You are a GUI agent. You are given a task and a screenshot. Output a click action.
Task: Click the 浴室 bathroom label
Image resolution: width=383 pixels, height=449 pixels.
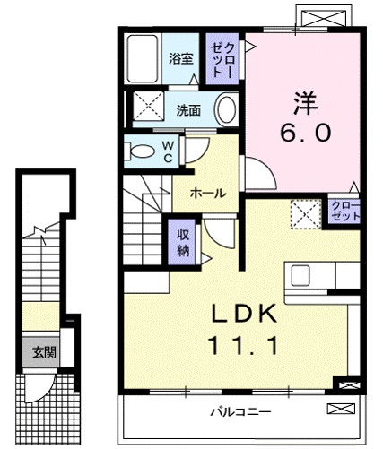point(181,58)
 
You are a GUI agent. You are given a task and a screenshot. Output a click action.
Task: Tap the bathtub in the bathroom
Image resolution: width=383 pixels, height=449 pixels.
point(143,59)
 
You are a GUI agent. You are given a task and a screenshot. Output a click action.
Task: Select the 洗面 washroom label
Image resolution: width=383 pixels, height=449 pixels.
point(188,110)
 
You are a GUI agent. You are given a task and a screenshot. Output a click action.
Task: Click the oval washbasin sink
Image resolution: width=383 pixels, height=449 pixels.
point(226,109)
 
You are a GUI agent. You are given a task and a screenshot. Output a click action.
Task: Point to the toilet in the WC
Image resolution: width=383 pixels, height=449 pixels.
point(140,151)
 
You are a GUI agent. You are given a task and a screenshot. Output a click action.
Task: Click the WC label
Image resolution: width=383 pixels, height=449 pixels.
point(168,151)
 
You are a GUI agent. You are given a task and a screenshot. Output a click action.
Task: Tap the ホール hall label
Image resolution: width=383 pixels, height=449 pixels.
point(208,194)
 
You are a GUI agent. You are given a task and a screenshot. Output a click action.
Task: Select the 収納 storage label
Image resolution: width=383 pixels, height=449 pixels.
point(183,242)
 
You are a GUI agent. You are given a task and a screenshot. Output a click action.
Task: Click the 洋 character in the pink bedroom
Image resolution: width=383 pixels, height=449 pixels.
point(305,103)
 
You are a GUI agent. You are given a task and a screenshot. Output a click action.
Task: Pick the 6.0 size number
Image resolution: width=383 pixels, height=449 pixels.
point(306,133)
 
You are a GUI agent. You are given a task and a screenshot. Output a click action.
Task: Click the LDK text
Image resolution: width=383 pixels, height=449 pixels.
point(244,314)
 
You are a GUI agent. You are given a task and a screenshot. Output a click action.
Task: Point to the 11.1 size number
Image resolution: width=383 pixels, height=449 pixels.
point(243,345)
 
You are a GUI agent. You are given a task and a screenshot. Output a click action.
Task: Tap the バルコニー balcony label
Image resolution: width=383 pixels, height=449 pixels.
point(241,412)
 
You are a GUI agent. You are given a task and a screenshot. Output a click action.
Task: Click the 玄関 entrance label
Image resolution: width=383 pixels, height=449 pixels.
point(45,353)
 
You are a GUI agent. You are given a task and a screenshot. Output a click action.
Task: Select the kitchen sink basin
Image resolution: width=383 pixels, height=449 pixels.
point(300,275)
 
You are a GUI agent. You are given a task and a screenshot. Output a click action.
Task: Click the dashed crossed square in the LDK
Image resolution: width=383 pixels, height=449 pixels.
point(306,214)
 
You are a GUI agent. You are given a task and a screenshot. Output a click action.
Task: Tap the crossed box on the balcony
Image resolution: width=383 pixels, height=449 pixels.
point(341,409)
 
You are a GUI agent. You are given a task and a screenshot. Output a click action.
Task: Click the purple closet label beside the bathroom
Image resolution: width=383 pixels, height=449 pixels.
point(222,60)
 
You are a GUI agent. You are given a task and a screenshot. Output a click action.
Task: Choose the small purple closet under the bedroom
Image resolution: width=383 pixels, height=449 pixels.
point(344,212)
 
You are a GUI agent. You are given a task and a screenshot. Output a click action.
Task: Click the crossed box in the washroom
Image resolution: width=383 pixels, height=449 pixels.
point(148,106)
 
